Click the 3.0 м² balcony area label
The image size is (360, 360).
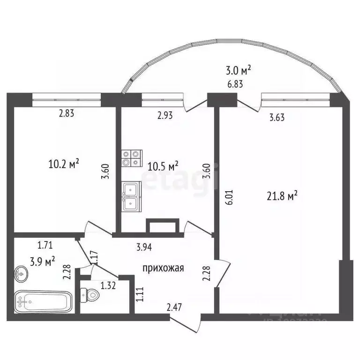click(238, 70)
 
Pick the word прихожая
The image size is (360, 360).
click(163, 268)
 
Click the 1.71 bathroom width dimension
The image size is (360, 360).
click(45, 244)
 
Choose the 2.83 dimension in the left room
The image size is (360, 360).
click(66, 112)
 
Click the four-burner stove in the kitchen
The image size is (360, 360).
click(131, 157)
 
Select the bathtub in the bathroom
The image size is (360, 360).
click(43, 302)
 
